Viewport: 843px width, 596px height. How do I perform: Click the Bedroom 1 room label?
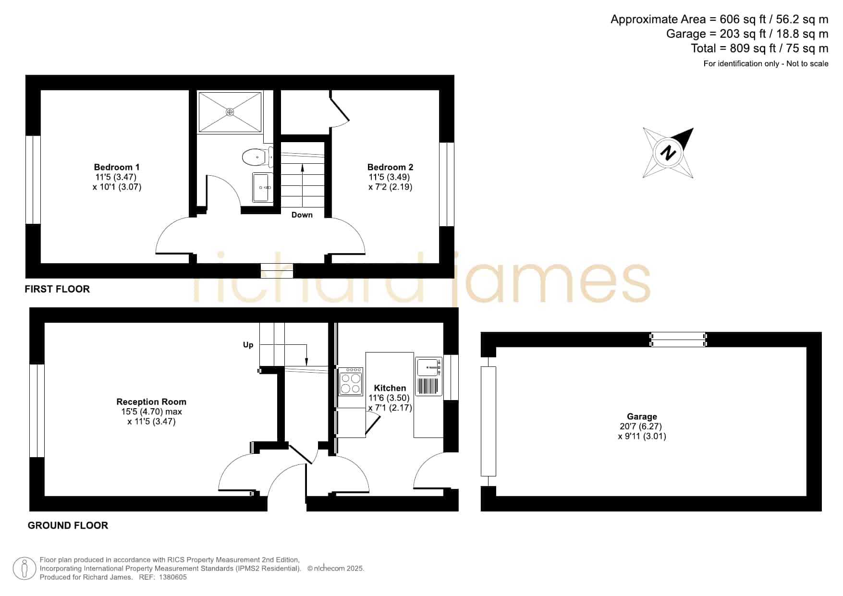pos(117,167)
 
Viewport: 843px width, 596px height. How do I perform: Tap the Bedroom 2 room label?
pos(390,167)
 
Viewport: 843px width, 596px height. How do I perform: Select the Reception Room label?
pos(151,401)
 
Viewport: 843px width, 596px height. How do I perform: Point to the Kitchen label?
pos(390,388)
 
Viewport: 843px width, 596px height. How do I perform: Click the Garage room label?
pos(642,416)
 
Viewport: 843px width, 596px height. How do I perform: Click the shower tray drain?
pos(230,112)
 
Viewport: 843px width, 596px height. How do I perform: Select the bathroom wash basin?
pos(263,187)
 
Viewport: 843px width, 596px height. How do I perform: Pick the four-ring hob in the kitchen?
pos(351,381)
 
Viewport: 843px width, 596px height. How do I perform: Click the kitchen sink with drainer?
pos(428,377)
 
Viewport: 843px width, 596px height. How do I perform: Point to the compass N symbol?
pos(668,153)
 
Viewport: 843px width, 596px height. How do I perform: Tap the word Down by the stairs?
pos(302,215)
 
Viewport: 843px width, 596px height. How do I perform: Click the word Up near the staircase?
pos(248,345)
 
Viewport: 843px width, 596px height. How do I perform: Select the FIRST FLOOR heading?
pos(57,289)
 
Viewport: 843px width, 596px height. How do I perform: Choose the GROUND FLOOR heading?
pos(68,525)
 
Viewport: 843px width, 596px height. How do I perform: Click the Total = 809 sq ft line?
pos(759,49)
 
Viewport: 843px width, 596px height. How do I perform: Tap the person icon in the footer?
pos(24,569)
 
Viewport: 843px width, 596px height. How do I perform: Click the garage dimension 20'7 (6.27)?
pos(641,426)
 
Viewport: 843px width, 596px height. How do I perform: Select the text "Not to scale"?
pos(807,63)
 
